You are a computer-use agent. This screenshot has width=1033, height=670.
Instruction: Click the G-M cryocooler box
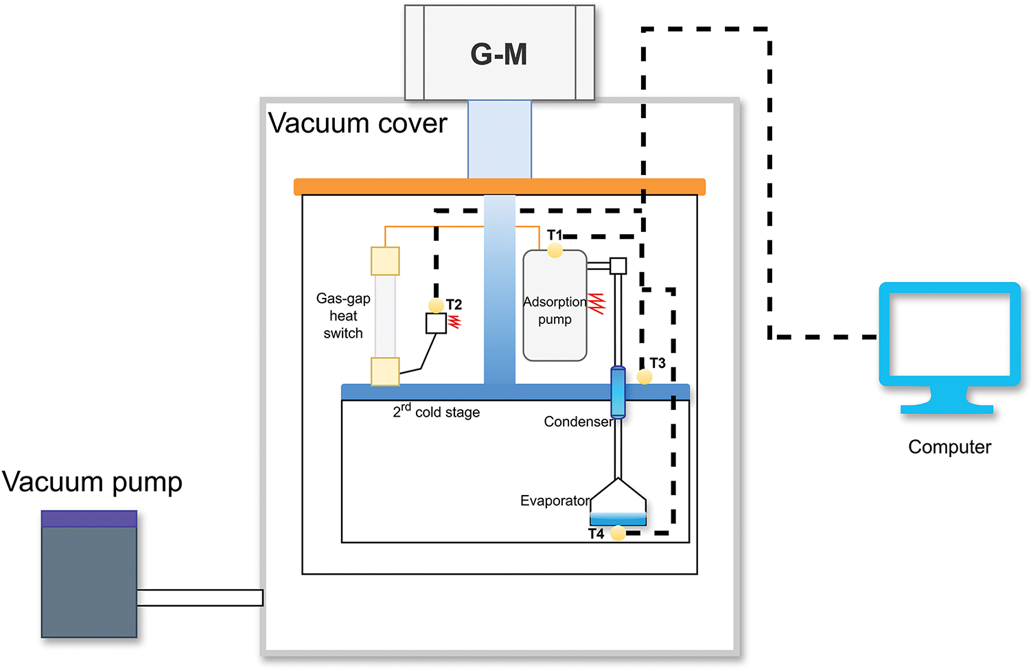coord(500,53)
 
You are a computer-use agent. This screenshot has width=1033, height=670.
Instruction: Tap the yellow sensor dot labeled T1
coord(555,251)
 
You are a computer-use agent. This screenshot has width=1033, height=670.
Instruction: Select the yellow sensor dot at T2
coord(436,305)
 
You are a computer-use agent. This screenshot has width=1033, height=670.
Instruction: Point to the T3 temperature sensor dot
coord(645,377)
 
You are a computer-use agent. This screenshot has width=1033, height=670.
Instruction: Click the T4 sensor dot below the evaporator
coord(618,533)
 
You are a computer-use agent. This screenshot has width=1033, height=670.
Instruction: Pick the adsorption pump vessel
coord(555,305)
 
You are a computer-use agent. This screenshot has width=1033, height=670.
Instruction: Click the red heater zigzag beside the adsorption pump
coord(596,303)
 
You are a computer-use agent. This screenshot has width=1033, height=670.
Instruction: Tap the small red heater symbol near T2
coord(454,322)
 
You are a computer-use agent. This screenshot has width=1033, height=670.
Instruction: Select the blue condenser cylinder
coord(618,392)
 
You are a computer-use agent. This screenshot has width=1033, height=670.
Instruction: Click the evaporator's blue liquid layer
coord(618,518)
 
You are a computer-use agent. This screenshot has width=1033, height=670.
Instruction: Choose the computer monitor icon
coord(949,347)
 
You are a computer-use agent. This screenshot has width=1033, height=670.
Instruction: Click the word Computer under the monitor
coord(949,447)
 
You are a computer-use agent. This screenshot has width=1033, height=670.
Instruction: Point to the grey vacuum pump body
coord(89,582)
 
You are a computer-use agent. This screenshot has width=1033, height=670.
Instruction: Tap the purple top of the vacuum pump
coord(89,518)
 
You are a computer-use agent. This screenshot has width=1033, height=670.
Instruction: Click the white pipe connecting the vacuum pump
coord(200,598)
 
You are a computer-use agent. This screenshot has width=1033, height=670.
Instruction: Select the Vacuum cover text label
coord(358,123)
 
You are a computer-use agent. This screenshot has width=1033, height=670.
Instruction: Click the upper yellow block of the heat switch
coord(385,261)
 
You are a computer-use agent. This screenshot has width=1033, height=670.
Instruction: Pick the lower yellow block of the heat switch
coord(385,371)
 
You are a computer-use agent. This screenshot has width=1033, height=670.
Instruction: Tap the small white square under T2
coord(436,323)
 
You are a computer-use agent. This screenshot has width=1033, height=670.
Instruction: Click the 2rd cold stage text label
coord(437,411)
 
